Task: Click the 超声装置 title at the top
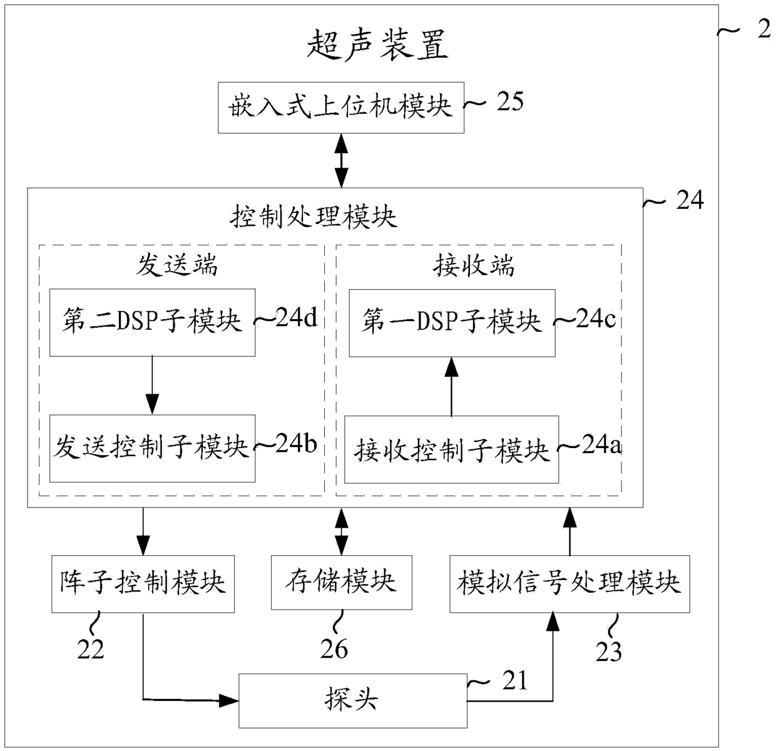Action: (377, 46)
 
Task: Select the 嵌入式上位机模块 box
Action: (340, 107)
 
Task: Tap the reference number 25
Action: (509, 101)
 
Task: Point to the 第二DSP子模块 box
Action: (152, 322)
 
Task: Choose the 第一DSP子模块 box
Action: (451, 322)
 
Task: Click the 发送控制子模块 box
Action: (152, 448)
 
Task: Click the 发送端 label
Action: (177, 265)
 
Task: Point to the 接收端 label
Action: (474, 265)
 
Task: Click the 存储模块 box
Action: (341, 582)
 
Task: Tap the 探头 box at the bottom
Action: (352, 700)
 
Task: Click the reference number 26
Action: (334, 650)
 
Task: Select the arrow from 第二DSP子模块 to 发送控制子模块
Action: (152, 386)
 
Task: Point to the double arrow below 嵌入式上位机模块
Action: (341, 160)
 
